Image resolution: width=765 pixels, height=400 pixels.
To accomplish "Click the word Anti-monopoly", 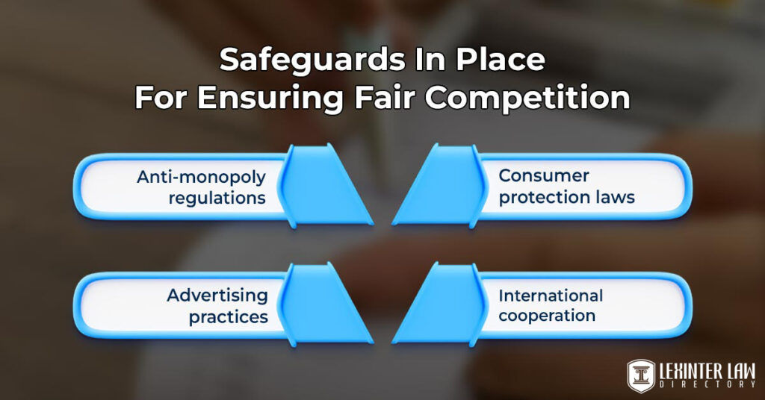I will (201, 178).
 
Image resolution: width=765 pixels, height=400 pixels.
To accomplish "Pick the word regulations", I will (217, 199).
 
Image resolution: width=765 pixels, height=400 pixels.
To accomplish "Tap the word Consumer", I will (544, 176).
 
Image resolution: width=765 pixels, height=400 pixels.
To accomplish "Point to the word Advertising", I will (217, 295).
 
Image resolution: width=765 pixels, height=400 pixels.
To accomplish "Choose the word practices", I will (228, 316).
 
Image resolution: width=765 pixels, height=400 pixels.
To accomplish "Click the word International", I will (551, 295).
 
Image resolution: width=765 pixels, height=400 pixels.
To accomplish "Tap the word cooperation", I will (547, 316).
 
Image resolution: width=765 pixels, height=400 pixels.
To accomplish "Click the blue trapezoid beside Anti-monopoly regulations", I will (327, 187).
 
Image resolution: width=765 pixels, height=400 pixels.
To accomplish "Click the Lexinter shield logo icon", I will (641, 375).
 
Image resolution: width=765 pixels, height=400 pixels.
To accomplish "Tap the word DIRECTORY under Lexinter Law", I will (707, 384).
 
